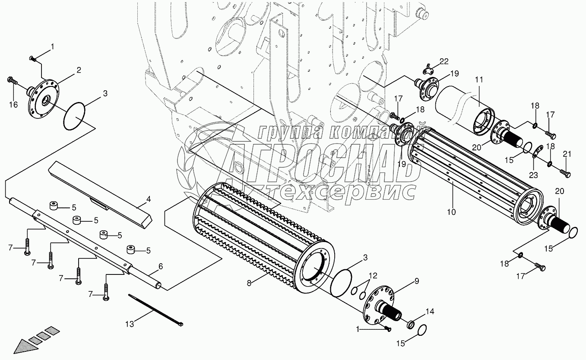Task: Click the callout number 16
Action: tap(13, 105)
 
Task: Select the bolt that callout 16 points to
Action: tap(12, 80)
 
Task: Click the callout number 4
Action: tap(148, 200)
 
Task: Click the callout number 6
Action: tap(160, 267)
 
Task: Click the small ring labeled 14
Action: tap(410, 324)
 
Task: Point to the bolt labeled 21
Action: tap(564, 173)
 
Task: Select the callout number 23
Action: tap(534, 175)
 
